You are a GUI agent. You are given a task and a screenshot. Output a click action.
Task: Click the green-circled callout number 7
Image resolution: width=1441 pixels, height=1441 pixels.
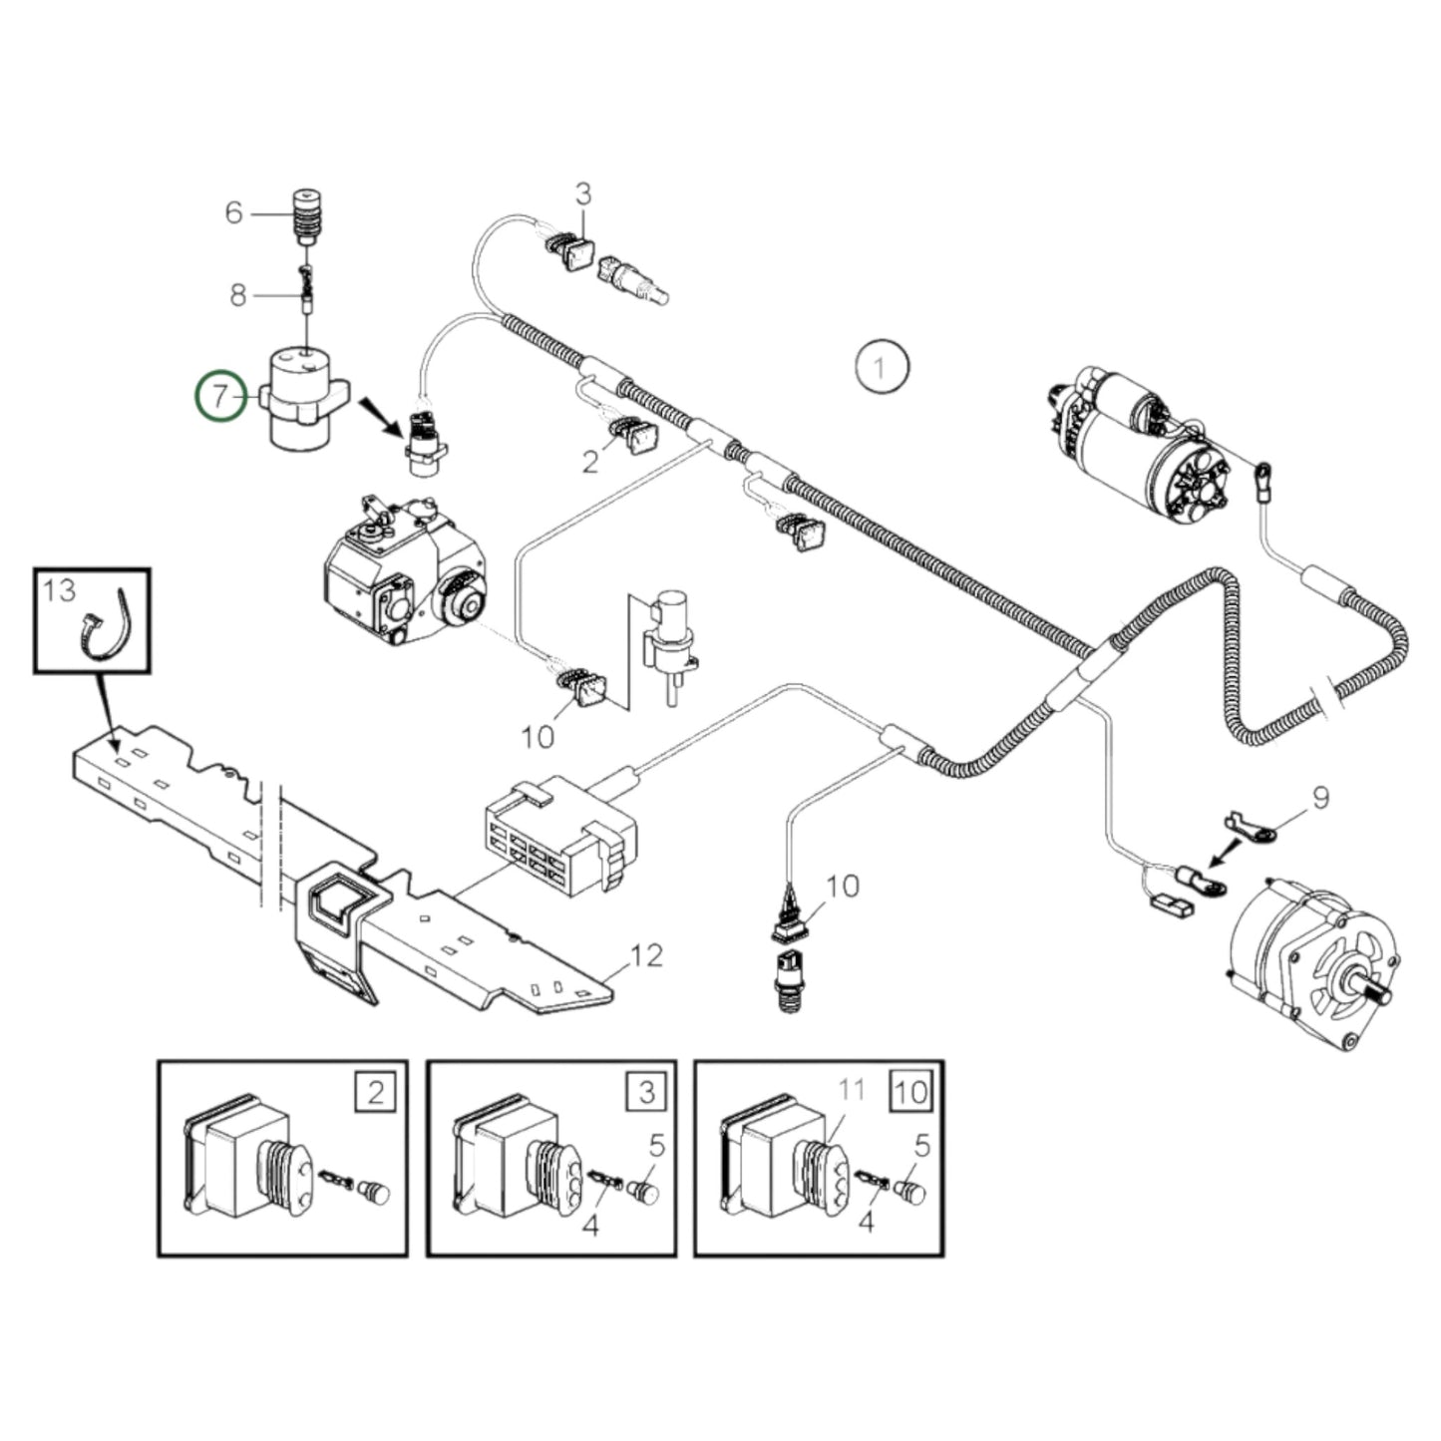[220, 396]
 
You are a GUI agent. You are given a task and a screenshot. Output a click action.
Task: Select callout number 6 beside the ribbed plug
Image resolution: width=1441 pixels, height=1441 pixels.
[233, 212]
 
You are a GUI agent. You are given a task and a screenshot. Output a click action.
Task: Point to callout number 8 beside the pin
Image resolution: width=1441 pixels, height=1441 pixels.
[237, 295]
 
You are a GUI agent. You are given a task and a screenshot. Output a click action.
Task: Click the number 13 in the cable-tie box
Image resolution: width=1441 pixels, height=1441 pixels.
[60, 590]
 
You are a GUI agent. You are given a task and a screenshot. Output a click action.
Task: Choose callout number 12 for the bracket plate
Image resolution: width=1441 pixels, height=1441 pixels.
[646, 955]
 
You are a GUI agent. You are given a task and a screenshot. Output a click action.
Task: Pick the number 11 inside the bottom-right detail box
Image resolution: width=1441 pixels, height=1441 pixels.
[851, 1091]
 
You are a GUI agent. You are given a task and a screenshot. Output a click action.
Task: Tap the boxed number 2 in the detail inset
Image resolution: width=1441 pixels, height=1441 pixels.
[376, 1092]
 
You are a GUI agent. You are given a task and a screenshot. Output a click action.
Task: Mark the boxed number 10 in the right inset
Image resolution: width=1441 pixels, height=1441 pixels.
[911, 1092]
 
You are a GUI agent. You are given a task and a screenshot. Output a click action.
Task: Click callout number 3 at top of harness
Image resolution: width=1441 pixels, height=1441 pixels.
[583, 194]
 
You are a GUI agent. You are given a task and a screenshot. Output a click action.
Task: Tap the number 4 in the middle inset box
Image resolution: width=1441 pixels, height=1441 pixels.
[590, 1224]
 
